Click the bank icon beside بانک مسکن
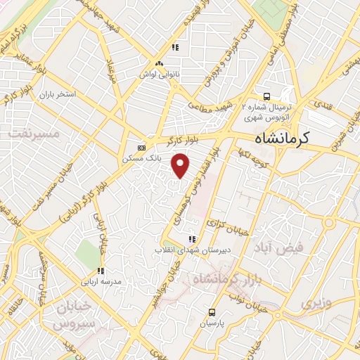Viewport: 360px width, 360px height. click(x=142, y=148)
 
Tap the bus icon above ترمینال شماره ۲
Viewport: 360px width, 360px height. click(x=266, y=96)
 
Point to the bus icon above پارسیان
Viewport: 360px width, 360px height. click(x=212, y=313)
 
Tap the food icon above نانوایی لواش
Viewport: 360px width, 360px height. click(x=175, y=48)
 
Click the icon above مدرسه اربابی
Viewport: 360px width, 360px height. click(x=101, y=270)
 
